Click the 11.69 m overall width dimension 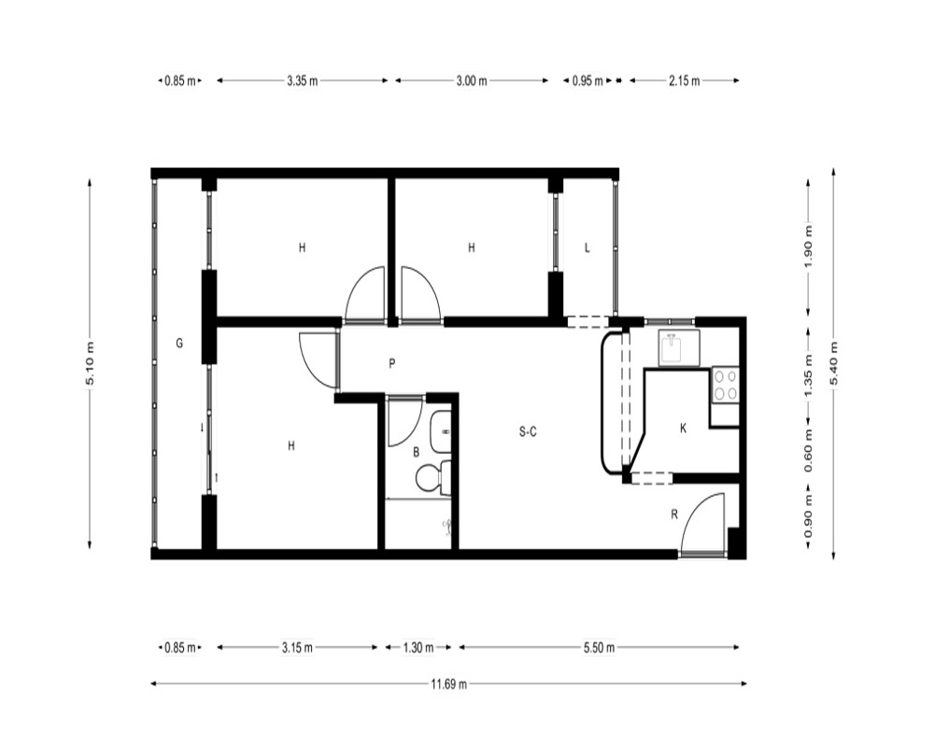click(x=448, y=684)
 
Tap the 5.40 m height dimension click(x=833, y=363)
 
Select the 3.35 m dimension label click(x=302, y=80)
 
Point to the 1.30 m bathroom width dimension click(x=418, y=647)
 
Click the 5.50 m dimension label click(x=599, y=647)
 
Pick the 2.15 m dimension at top click(x=684, y=80)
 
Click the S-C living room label click(x=528, y=432)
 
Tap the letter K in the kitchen click(x=684, y=428)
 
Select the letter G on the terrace click(x=179, y=343)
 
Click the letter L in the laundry click(x=587, y=247)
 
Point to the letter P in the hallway click(x=392, y=363)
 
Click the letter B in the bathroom click(x=417, y=453)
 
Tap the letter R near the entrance click(x=674, y=514)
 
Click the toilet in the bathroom click(x=432, y=476)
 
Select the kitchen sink click(x=678, y=347)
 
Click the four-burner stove click(x=726, y=385)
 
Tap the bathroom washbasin click(x=441, y=431)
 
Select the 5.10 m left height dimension click(x=90, y=363)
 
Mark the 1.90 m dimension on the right click(x=808, y=247)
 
